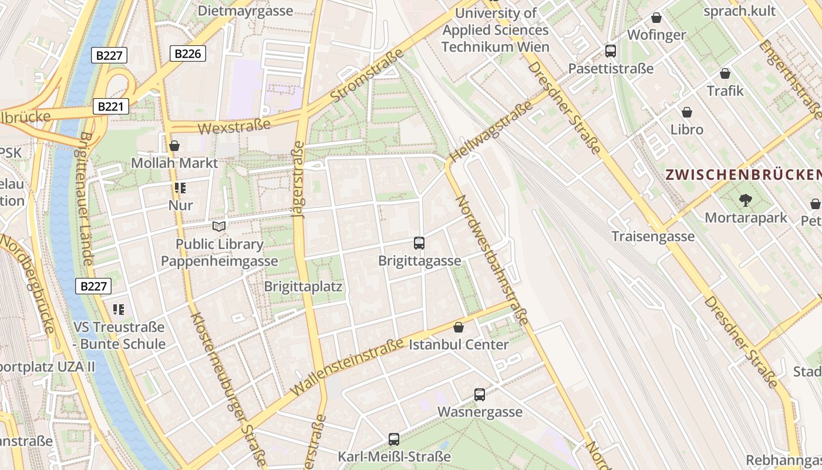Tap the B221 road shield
pyautogui.click(x=110, y=106)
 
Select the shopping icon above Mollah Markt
pyautogui.click(x=174, y=146)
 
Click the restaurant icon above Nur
pyautogui.click(x=180, y=189)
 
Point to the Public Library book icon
pyautogui.click(x=219, y=227)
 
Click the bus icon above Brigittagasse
pyautogui.click(x=419, y=243)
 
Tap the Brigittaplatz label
pyautogui.click(x=303, y=287)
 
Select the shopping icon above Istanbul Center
pyautogui.click(x=459, y=327)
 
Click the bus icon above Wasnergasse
pyautogui.click(x=480, y=395)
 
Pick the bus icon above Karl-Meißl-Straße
pyautogui.click(x=394, y=439)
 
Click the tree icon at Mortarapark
pyautogui.click(x=746, y=200)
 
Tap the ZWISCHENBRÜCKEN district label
pyautogui.click(x=743, y=174)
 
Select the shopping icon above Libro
pyautogui.click(x=687, y=112)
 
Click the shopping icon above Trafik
pyautogui.click(x=725, y=73)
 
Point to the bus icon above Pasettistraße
pyautogui.click(x=611, y=51)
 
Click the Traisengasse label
pyautogui.click(x=653, y=236)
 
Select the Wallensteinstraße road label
pyautogui.click(x=346, y=362)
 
